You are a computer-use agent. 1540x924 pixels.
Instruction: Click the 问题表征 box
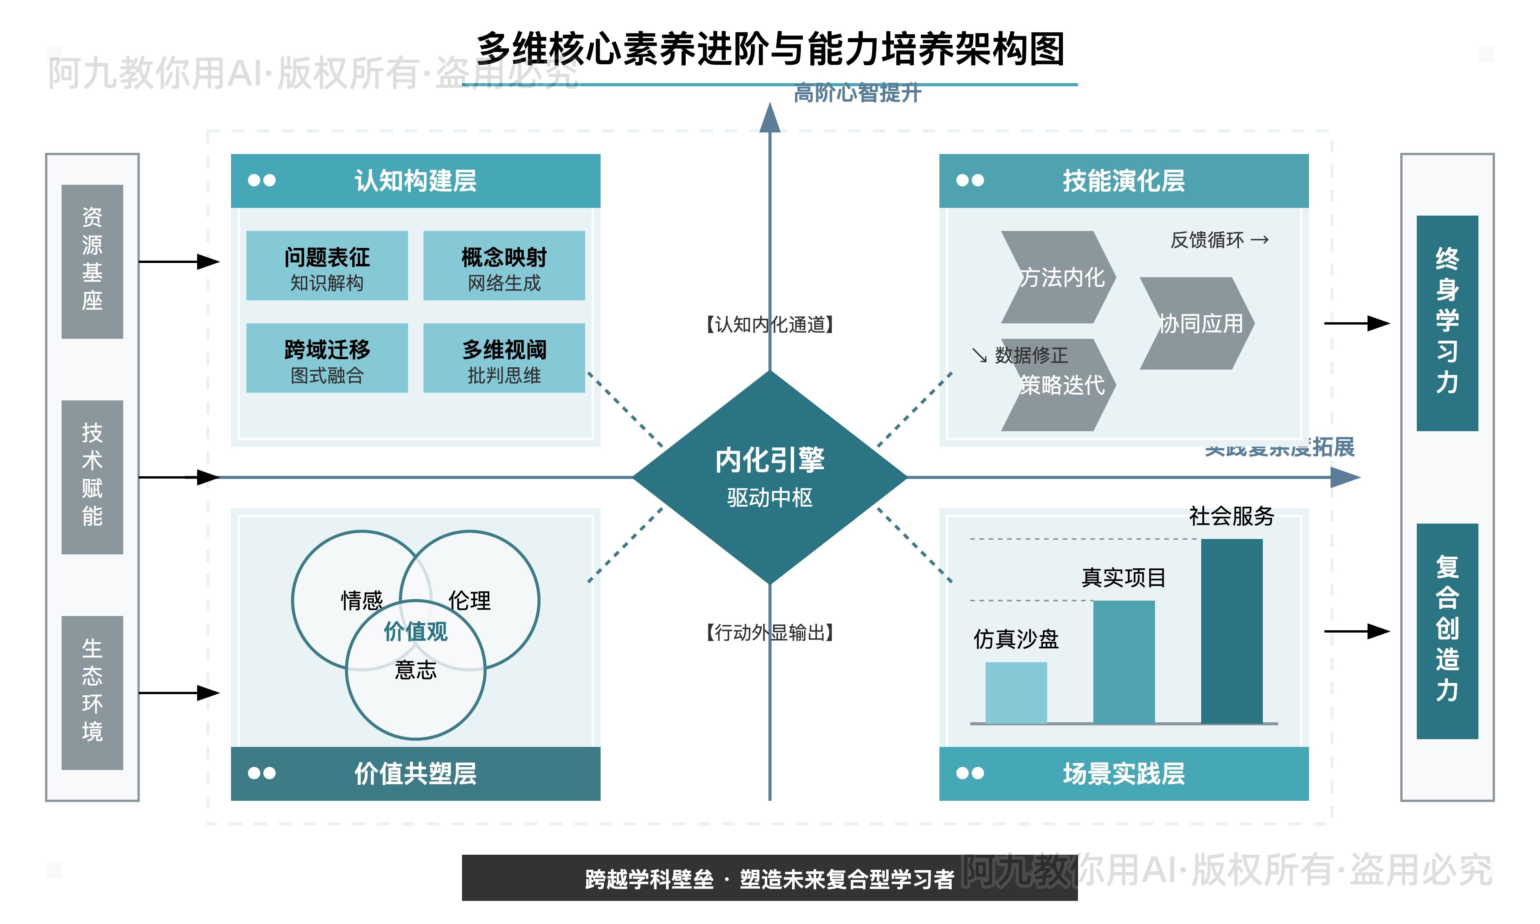327,266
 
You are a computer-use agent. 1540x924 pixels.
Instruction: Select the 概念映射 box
504,266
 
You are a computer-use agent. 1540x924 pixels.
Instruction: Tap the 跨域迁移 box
327,358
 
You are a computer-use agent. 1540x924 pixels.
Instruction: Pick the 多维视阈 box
504,358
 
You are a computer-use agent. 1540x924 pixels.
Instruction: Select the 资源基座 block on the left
92,261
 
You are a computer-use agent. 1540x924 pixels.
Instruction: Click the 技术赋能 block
92,477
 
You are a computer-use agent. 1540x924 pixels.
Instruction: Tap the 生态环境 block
92,692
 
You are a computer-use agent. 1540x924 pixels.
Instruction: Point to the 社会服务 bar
1231,631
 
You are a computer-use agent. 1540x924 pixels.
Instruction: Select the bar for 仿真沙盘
1016,692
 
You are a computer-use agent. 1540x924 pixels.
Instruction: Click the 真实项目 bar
1123,661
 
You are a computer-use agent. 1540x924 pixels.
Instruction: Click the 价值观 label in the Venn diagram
415,631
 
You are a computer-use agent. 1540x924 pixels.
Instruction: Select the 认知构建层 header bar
415,181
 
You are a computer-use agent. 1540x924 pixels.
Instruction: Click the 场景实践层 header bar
1123,773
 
